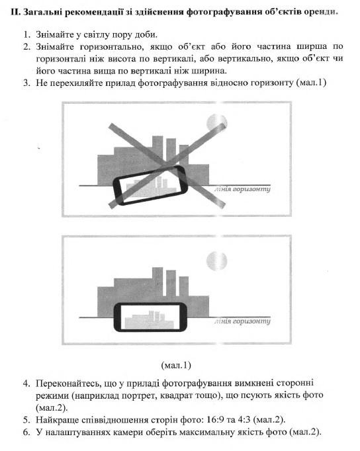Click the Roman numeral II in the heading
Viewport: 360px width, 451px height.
pyautogui.click(x=15, y=13)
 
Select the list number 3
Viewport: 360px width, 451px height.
pyautogui.click(x=26, y=83)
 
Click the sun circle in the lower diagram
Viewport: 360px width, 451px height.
pyautogui.click(x=216, y=261)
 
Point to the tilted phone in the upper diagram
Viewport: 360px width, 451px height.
pyautogui.click(x=150, y=186)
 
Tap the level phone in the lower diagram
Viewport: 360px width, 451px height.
pyautogui.click(x=150, y=317)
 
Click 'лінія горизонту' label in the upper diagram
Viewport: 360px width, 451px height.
pyautogui.click(x=242, y=189)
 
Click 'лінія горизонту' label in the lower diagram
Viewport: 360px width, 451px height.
pyautogui.click(x=242, y=321)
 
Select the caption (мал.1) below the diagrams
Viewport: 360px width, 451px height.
pyautogui.click(x=176, y=365)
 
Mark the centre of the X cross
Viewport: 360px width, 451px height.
pyautogui.click(x=167, y=164)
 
